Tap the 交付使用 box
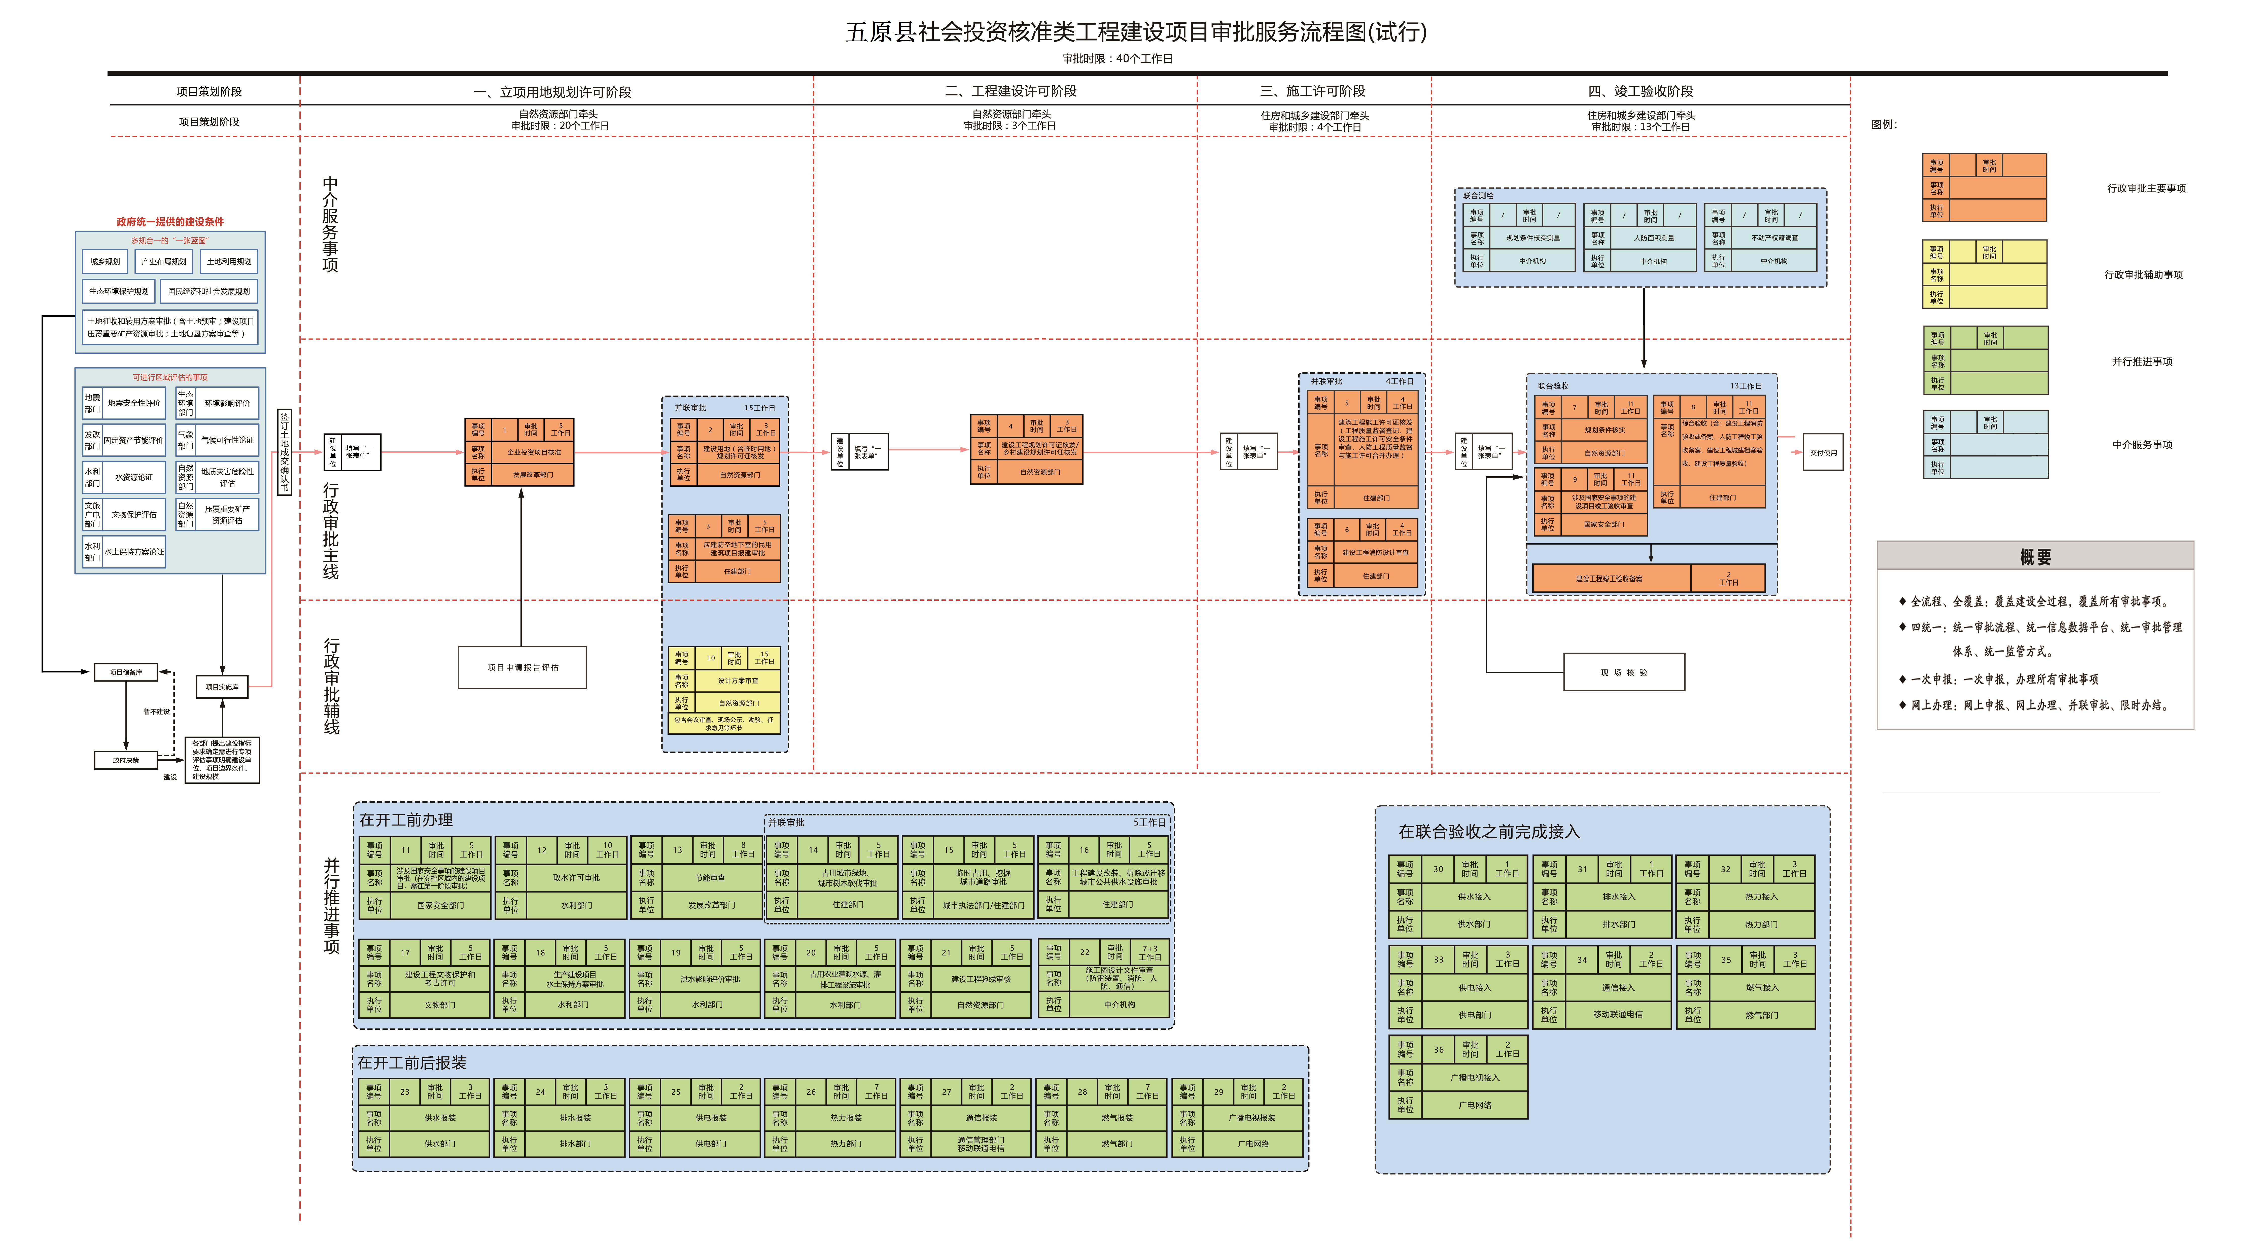click(x=1823, y=452)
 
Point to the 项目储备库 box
click(x=126, y=672)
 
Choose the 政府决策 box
click(x=126, y=760)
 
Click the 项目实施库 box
click(x=222, y=687)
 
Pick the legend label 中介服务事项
click(x=2142, y=444)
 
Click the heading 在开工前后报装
click(x=412, y=1062)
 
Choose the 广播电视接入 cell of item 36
click(x=1474, y=1078)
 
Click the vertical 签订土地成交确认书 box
click(x=284, y=452)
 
